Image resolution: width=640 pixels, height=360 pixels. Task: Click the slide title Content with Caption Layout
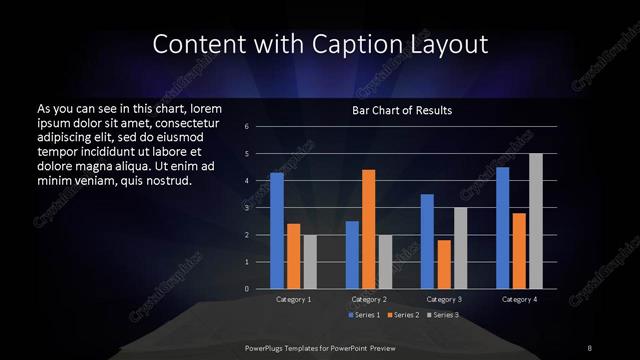pos(319,44)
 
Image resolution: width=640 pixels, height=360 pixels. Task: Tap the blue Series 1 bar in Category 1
pos(277,231)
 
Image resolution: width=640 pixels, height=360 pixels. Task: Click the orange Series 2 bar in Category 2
pos(369,229)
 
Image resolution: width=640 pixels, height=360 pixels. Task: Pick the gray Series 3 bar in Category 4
pos(536,221)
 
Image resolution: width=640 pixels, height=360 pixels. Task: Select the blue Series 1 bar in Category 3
pos(427,241)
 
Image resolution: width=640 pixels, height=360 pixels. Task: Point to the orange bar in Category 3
pos(444,264)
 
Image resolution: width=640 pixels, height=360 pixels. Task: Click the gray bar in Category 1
pos(310,262)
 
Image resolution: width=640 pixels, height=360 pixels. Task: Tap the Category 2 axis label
pos(369,299)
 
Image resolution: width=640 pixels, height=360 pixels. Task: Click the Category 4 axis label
pos(519,299)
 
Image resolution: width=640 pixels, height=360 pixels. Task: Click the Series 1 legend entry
pos(363,315)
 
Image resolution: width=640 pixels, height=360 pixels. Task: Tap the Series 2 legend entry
pos(402,315)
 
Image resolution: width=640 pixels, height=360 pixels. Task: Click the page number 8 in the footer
pos(590,347)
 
